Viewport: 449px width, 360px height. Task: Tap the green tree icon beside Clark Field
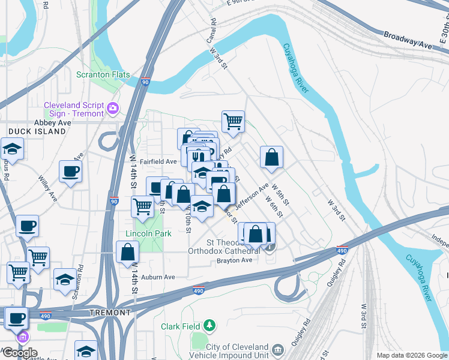pyautogui.click(x=209, y=326)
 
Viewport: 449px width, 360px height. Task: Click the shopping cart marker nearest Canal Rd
pyautogui.click(x=233, y=121)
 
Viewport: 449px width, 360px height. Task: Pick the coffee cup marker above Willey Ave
pyautogui.click(x=70, y=171)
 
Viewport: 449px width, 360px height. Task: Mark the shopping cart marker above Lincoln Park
pyautogui.click(x=142, y=206)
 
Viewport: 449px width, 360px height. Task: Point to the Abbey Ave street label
pyautogui.click(x=53, y=122)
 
